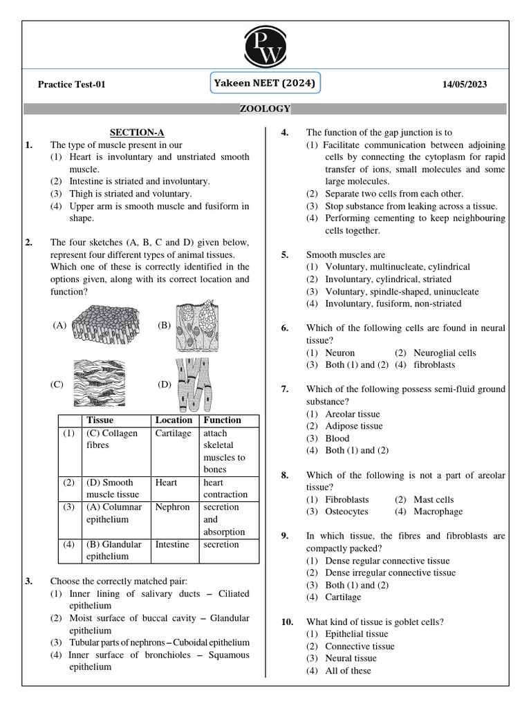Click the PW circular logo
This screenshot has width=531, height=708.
pyautogui.click(x=265, y=44)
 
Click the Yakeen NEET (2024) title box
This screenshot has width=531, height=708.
pyautogui.click(x=265, y=84)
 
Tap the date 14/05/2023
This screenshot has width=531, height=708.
pyautogui.click(x=465, y=85)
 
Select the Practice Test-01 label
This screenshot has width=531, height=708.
pyautogui.click(x=71, y=85)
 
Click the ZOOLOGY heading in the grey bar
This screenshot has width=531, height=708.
pyautogui.click(x=265, y=109)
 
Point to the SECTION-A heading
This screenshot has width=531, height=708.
pyautogui.click(x=137, y=132)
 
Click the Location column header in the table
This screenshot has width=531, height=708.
pyautogui.click(x=174, y=420)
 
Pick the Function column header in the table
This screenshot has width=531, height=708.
pyautogui.click(x=223, y=420)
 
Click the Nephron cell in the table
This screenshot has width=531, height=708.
pyautogui.click(x=172, y=507)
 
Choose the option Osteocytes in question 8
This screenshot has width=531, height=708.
pyautogui.click(x=346, y=512)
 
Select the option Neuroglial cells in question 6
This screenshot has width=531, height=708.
pyautogui.click(x=445, y=353)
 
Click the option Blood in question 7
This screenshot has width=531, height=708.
pyautogui.click(x=337, y=438)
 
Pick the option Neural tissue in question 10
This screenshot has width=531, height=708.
pyautogui.click(x=351, y=658)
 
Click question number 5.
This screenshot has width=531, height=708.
pyautogui.click(x=285, y=255)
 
